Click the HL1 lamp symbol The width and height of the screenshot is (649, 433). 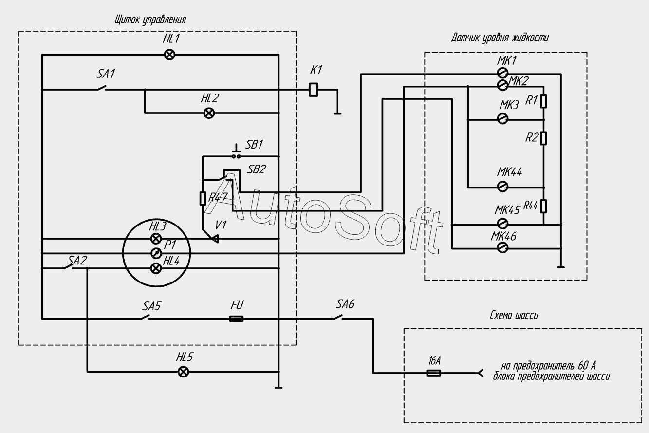[169, 55]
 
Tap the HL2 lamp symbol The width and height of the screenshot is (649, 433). [209, 113]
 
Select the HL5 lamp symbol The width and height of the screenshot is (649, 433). [183, 372]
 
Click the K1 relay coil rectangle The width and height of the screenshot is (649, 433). [313, 90]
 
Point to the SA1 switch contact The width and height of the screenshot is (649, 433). [102, 88]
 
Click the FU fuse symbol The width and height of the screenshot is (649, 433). [237, 319]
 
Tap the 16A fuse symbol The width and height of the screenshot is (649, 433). [434, 373]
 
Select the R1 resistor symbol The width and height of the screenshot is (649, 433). [543, 101]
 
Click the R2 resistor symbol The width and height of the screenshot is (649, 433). [543, 138]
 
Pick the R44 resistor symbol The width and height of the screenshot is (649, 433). [543, 206]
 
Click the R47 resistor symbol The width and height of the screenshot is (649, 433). [203, 199]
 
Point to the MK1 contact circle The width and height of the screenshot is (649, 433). [502, 73]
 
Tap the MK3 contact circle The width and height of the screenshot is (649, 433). [502, 119]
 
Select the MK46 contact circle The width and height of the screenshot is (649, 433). [502, 247]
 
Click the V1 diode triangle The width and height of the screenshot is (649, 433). [215, 239]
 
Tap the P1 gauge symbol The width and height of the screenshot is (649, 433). [156, 253]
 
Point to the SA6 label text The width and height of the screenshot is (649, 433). [345, 304]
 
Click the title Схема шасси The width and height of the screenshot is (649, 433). [514, 315]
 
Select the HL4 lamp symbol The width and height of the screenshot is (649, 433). [156, 268]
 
